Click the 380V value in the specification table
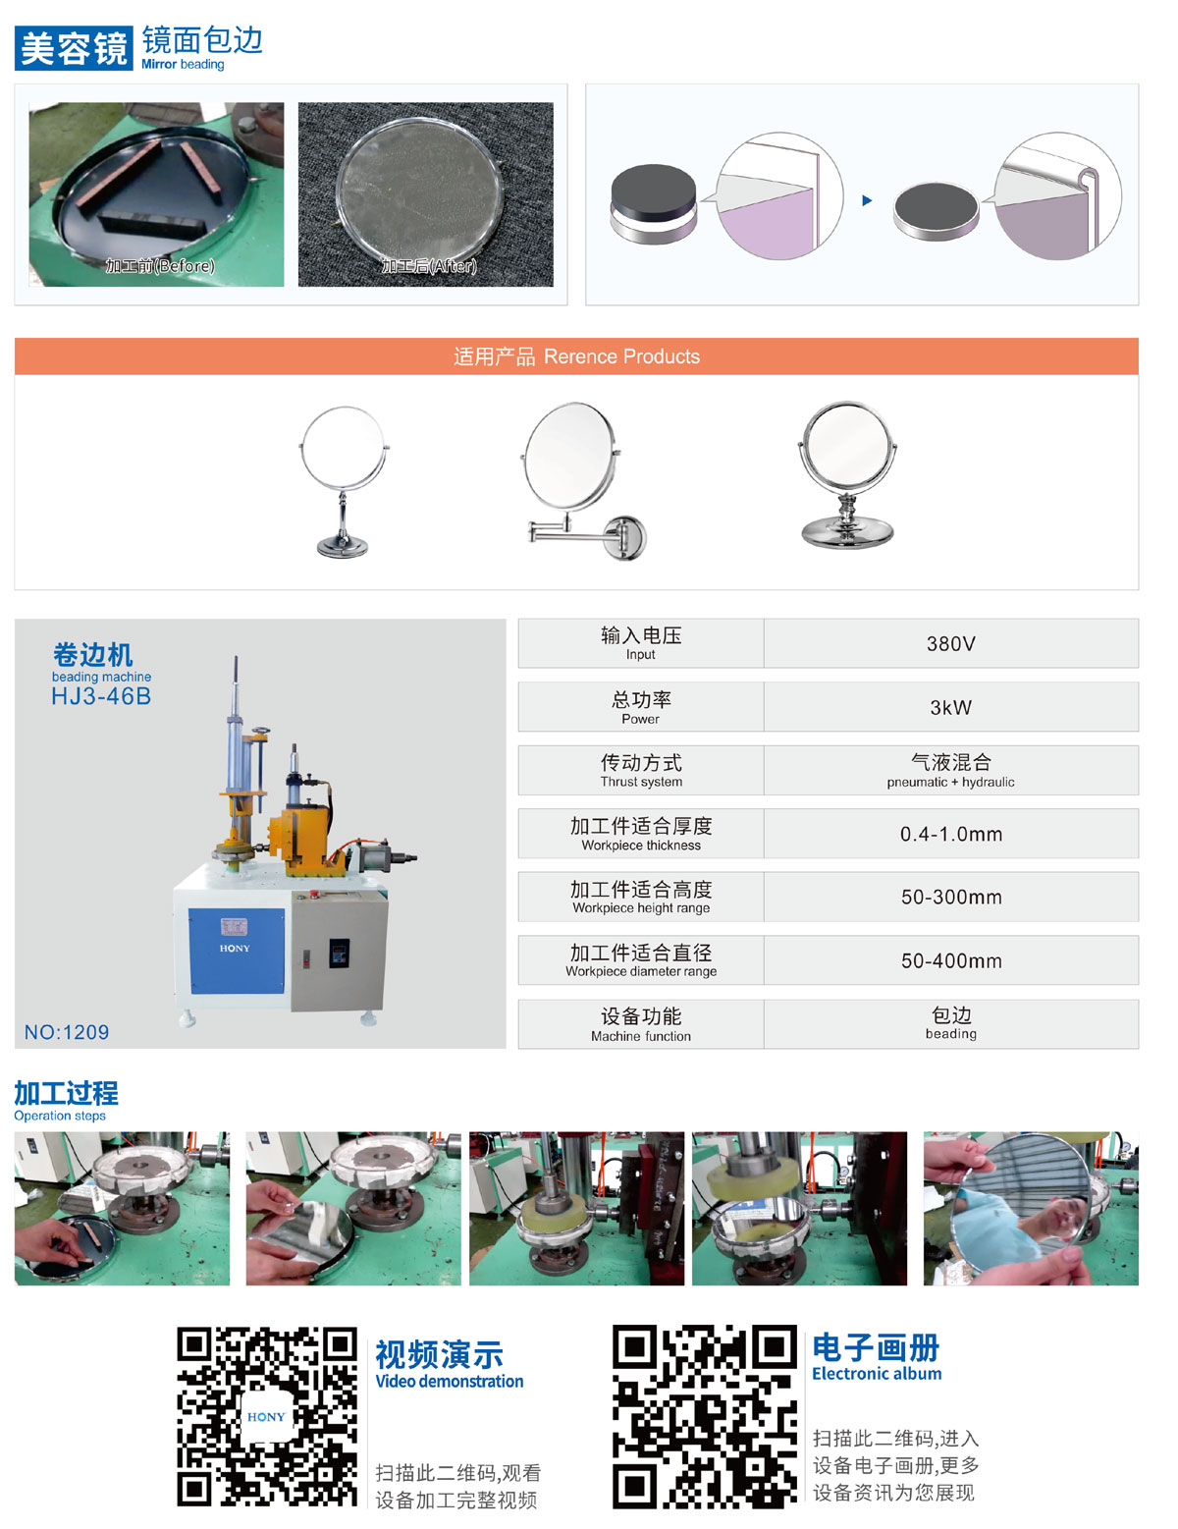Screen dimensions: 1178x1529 [950, 644]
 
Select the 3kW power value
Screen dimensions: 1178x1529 [950, 707]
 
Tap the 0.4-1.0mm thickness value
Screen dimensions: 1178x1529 [951, 834]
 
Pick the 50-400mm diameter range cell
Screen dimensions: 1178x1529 [951, 960]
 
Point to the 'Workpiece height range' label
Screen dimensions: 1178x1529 [641, 907]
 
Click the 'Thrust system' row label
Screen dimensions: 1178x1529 [641, 781]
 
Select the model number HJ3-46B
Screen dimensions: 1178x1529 [100, 696]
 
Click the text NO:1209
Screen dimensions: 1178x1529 [67, 1032]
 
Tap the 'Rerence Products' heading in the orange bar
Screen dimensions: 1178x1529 [621, 356]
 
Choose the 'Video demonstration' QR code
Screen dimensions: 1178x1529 [267, 1416]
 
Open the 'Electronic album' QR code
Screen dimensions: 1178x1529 [705, 1416]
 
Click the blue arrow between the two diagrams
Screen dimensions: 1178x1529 [867, 200]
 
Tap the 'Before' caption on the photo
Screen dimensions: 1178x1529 [160, 266]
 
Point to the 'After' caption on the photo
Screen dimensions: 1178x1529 [428, 266]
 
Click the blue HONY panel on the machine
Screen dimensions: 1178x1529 [237, 951]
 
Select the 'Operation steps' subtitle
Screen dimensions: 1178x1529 [60, 1116]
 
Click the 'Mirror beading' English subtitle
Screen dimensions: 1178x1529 [183, 64]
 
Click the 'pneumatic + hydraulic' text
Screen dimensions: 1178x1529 [950, 782]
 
